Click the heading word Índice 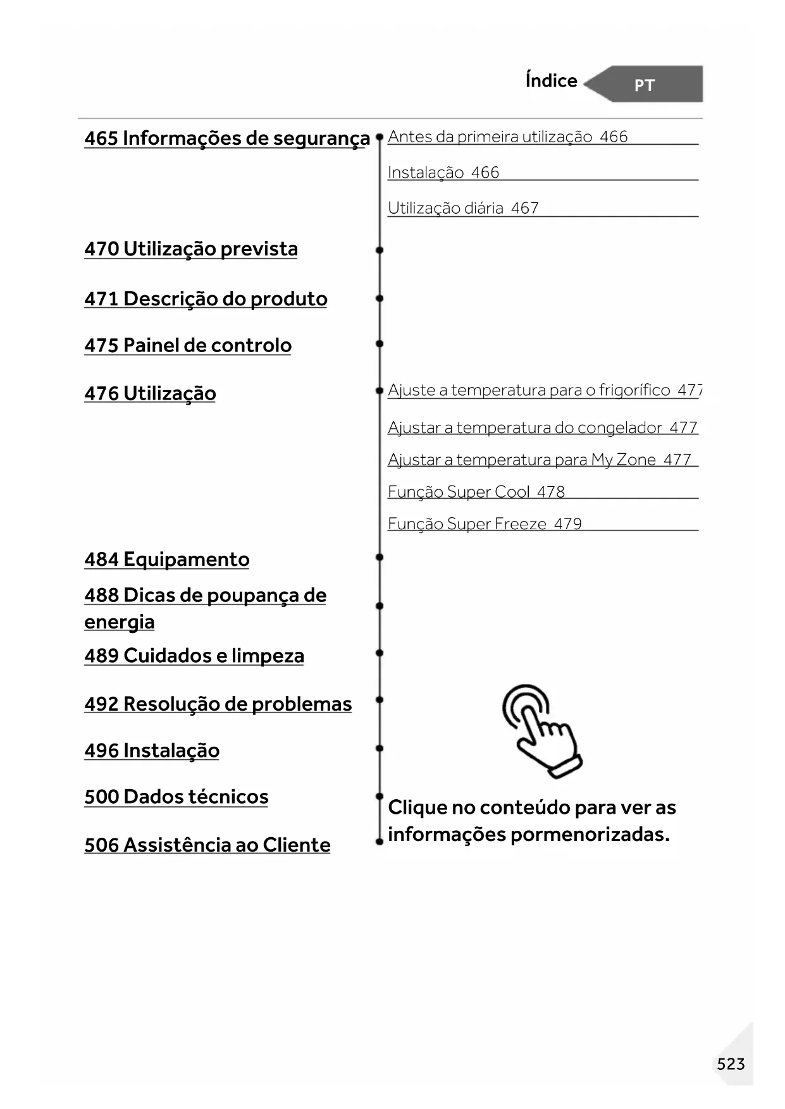pos(551,81)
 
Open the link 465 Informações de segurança pos(226,138)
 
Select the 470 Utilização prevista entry pos(191,249)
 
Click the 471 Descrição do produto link pos(206,299)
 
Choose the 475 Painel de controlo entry pos(188,346)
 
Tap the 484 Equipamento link pos(167,560)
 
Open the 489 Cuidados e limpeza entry pos(194,656)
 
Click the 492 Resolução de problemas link pos(218,704)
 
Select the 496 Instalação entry pos(152,751)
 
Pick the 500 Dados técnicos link pos(176,797)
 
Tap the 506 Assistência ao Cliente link pos(207,845)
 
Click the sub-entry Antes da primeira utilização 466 pos(507,137)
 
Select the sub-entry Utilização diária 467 pos(463,208)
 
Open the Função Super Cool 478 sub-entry pos(476,492)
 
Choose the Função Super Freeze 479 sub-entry pos(485,524)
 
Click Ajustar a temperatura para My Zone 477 pos(539,460)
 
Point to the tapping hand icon pos(541,730)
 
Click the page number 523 pos(731,1064)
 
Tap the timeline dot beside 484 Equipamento pos(380,558)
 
